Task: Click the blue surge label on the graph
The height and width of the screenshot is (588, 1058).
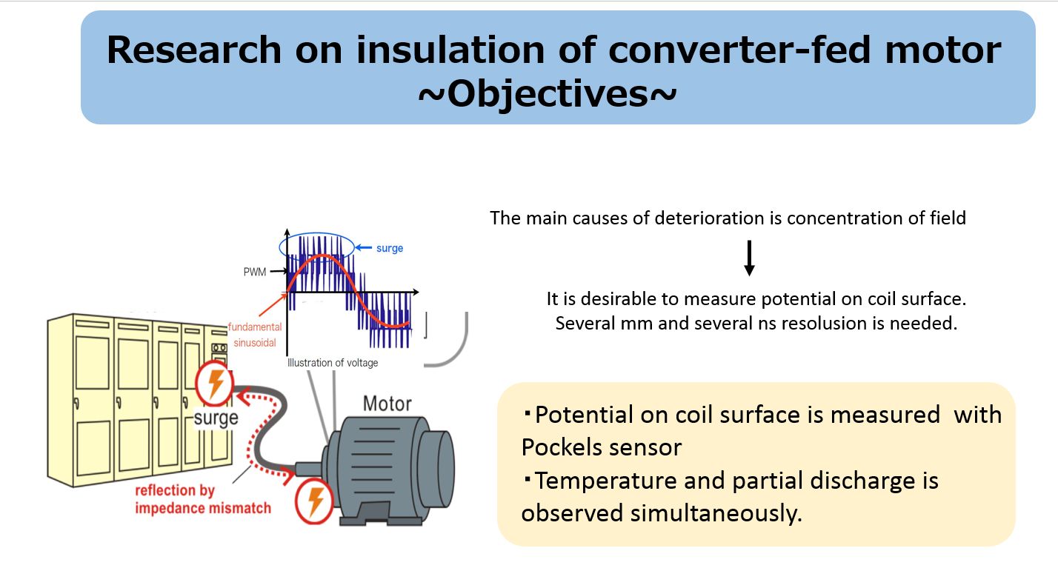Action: click(390, 248)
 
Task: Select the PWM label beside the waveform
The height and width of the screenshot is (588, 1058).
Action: click(255, 272)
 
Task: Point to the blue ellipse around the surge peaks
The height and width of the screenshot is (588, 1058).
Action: click(316, 234)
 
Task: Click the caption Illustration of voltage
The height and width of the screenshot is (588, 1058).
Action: click(333, 363)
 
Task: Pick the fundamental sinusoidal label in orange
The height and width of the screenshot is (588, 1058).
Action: click(255, 335)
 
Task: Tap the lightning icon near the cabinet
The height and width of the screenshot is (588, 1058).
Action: click(215, 383)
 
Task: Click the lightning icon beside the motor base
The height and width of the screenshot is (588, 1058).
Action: click(315, 501)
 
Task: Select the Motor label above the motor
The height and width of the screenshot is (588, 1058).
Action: click(387, 404)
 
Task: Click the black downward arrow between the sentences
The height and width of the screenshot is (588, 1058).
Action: click(749, 258)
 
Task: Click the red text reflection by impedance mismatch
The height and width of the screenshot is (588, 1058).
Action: click(203, 499)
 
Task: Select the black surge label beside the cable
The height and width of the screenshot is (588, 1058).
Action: click(216, 418)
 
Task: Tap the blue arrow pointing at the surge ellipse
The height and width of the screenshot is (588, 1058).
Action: click(364, 247)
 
